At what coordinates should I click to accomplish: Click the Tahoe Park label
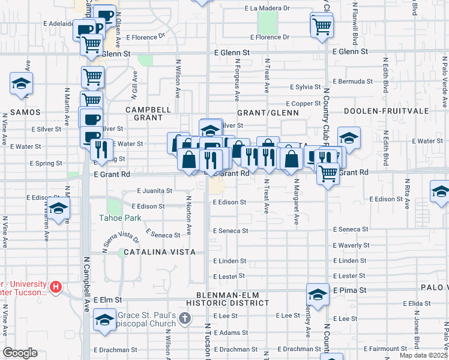(121, 218)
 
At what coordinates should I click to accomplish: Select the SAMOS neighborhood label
(24, 112)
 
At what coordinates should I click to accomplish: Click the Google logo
(20, 353)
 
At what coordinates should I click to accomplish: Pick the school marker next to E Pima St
(318, 294)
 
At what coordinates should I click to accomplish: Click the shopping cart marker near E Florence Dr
(322, 26)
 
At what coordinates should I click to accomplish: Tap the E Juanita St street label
(155, 191)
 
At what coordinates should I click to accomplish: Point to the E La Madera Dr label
(267, 9)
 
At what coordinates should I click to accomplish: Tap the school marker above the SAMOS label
(21, 84)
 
